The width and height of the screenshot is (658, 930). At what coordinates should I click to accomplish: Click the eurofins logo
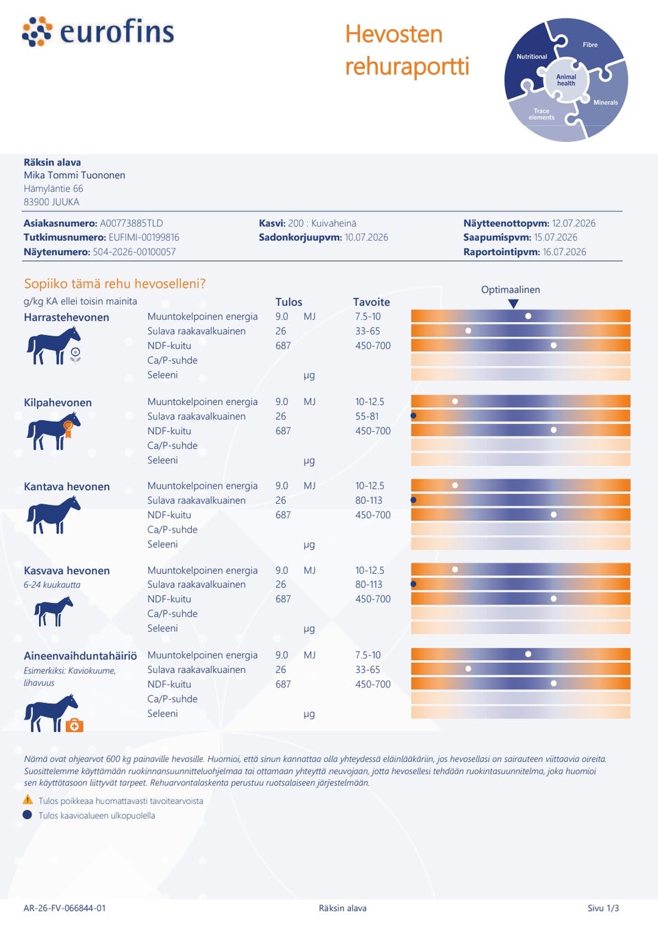tap(98, 32)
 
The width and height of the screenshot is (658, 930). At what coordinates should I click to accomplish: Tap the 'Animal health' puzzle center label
tap(566, 80)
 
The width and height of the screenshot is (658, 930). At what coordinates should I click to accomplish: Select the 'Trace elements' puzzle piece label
tap(541, 114)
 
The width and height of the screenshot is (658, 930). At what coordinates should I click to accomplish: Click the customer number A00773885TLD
tap(131, 223)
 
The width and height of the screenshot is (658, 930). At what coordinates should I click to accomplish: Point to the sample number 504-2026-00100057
tap(134, 252)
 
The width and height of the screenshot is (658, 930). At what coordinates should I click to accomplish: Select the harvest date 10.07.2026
tap(366, 238)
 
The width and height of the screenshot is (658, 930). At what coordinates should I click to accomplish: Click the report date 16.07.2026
tap(564, 252)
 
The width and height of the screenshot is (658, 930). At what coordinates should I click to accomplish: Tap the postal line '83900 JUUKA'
tap(51, 202)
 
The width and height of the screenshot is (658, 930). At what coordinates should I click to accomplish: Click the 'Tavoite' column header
tap(371, 302)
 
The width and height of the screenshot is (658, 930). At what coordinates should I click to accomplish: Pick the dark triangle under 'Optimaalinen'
tap(513, 303)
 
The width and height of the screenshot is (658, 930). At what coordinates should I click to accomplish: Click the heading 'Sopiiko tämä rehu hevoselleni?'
tap(114, 284)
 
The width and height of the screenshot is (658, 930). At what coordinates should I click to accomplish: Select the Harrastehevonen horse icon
tap(53, 345)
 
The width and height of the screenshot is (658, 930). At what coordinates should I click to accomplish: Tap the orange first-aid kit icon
tap(74, 725)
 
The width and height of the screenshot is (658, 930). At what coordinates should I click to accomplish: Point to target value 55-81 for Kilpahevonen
tap(367, 417)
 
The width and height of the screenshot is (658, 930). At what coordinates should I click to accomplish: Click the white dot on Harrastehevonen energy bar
tap(528, 317)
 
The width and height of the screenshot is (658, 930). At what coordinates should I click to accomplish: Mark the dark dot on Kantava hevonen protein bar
tap(413, 500)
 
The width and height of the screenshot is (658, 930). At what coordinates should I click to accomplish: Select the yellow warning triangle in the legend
tap(27, 799)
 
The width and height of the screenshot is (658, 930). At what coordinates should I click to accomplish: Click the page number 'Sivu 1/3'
tap(602, 908)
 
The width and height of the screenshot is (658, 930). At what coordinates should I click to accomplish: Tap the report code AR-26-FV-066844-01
tap(64, 908)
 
